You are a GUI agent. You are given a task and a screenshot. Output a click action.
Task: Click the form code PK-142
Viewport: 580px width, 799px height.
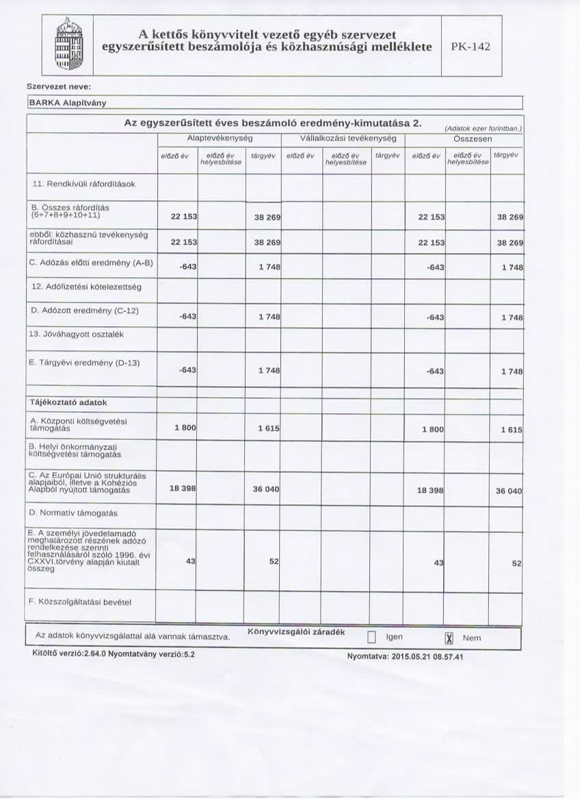(x=471, y=47)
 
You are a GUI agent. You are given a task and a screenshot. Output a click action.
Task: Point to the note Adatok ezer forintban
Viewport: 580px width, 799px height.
(x=483, y=129)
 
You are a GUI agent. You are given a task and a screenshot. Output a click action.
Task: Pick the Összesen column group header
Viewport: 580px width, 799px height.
(x=464, y=138)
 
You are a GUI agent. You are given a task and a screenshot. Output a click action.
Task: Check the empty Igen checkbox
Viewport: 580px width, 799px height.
(x=373, y=639)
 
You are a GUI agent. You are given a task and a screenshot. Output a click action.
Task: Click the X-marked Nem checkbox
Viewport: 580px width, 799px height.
(x=449, y=639)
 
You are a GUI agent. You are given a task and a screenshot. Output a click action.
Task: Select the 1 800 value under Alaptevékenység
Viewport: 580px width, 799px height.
(x=185, y=428)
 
